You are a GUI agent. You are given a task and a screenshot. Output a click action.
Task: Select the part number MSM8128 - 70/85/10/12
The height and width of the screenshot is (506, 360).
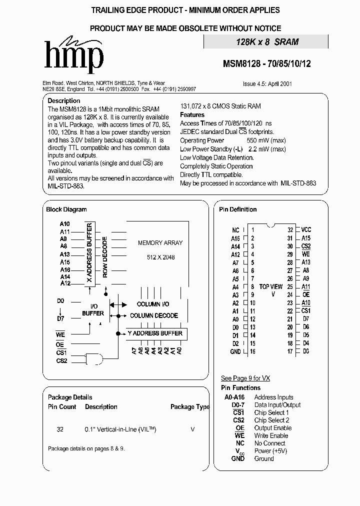click(x=266, y=64)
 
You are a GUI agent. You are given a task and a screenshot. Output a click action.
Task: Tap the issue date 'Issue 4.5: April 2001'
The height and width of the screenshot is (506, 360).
click(x=267, y=84)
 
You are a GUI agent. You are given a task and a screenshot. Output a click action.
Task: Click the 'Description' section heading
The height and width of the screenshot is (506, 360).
click(x=63, y=100)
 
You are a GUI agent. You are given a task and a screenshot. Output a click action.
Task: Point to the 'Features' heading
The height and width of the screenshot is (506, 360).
click(x=192, y=114)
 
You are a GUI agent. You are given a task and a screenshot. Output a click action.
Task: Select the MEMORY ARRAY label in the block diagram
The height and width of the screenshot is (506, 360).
click(x=160, y=243)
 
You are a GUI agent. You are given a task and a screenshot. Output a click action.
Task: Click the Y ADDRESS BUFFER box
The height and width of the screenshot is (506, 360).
click(x=155, y=333)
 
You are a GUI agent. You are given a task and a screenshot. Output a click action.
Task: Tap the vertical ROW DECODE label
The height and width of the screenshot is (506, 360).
click(x=105, y=257)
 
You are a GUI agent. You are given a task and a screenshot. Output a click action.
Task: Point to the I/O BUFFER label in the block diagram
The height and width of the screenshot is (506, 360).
click(x=93, y=310)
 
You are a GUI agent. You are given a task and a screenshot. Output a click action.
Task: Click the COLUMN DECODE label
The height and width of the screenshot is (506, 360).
click(x=153, y=315)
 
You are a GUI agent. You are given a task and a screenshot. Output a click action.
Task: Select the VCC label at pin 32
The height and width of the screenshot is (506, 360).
click(x=306, y=230)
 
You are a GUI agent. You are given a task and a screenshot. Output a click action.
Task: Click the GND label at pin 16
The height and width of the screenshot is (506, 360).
click(x=235, y=351)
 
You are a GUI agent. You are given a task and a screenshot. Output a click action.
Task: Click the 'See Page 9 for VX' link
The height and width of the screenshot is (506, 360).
click(x=245, y=378)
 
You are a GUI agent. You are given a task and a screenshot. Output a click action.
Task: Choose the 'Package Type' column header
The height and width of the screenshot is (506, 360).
click(x=190, y=407)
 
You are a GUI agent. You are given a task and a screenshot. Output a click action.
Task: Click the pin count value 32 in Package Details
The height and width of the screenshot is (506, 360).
click(x=60, y=429)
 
